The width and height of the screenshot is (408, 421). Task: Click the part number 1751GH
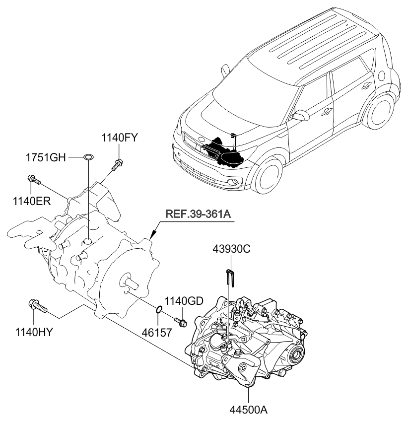pyautogui.click(x=46, y=158)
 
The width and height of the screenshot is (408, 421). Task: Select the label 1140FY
pyautogui.click(x=120, y=138)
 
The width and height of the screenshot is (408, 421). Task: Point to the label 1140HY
pyautogui.click(x=35, y=330)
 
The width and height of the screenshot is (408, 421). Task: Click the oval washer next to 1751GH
pyautogui.click(x=87, y=158)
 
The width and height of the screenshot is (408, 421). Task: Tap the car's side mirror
pyautogui.click(x=299, y=116)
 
